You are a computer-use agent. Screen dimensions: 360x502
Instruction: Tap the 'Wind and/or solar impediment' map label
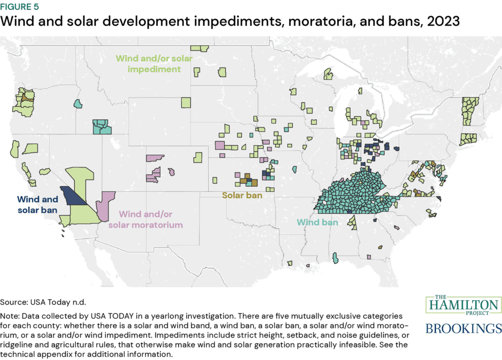tap(154, 64)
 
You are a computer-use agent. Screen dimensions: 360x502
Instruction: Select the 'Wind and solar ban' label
tap(37, 205)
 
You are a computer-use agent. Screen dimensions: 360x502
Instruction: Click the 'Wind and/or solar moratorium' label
tap(151, 220)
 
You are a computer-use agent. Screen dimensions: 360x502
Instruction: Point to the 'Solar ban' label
tap(242, 195)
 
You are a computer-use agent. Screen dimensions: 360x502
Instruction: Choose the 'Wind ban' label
tap(317, 222)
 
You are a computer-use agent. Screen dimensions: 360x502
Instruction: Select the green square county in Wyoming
tap(186, 103)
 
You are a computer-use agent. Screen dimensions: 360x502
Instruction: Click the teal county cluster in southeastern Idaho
tap(102, 127)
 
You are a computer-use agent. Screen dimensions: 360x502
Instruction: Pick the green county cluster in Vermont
tap(470, 110)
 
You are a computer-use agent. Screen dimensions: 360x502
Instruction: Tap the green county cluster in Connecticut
tap(468, 139)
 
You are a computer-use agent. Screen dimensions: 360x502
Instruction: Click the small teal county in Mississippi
tap(335, 258)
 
